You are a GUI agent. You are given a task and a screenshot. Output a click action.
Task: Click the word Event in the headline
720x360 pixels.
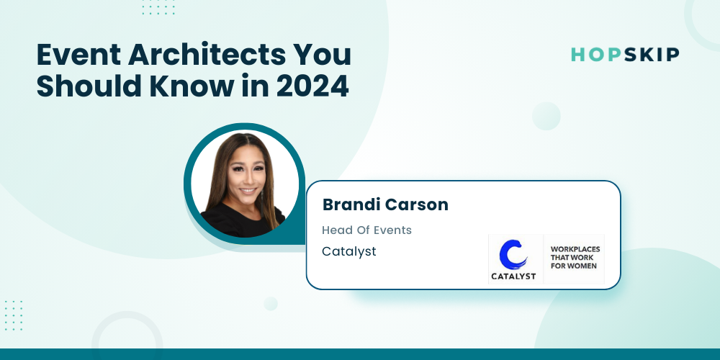(78, 55)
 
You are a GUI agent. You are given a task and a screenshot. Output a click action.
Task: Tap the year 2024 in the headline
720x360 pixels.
(312, 86)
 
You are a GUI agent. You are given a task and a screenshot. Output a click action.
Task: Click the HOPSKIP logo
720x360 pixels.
(625, 55)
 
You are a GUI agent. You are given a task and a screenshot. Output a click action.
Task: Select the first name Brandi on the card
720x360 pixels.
(351, 204)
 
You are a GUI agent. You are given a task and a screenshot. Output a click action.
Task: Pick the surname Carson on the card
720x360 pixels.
(416, 204)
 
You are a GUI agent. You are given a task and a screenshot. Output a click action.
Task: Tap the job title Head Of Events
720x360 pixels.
(367, 230)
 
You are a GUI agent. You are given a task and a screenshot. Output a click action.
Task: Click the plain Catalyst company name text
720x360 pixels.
(349, 251)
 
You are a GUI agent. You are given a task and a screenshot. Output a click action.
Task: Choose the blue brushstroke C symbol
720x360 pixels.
(513, 254)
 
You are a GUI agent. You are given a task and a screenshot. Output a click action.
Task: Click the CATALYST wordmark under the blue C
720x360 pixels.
(513, 276)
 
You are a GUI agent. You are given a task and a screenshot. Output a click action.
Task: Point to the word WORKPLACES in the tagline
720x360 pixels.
(575, 249)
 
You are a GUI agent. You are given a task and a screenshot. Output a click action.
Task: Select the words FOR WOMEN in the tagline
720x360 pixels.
(574, 266)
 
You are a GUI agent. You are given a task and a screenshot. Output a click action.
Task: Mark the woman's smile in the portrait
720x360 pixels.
(248, 190)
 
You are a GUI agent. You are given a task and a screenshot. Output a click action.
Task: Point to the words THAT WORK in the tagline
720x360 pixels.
(572, 258)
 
